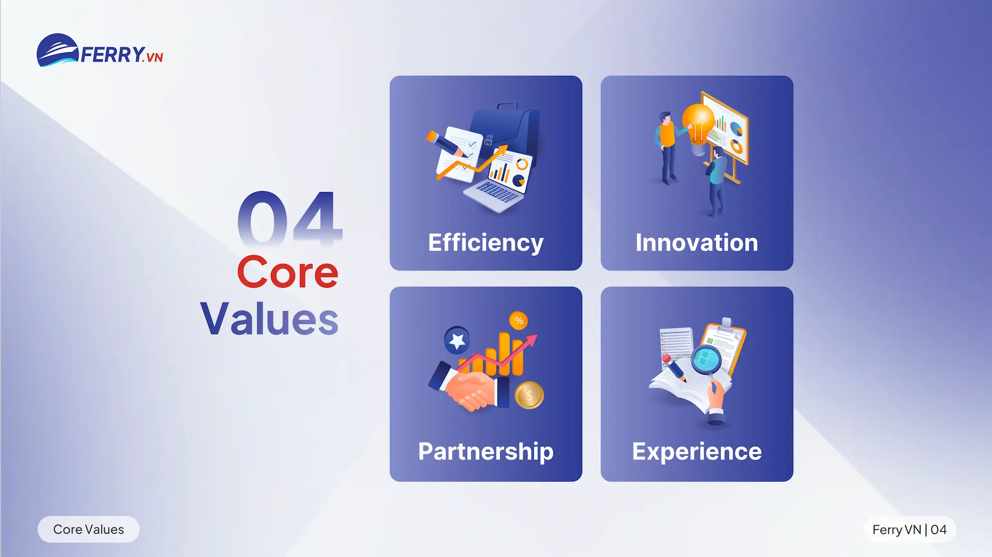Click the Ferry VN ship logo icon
pos(57,51)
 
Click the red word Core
pos(287,272)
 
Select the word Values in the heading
pos(269,319)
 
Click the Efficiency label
pos(486,243)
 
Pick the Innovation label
pos(696,243)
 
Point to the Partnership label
pos(486,452)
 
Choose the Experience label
pos(696,452)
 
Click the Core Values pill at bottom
pos(88,529)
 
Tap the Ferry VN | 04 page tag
pos(909,529)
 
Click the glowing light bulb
pos(698,124)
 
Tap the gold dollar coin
pos(529,396)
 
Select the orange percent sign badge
pos(519,320)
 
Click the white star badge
pos(457,341)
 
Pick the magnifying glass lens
pos(706,359)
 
